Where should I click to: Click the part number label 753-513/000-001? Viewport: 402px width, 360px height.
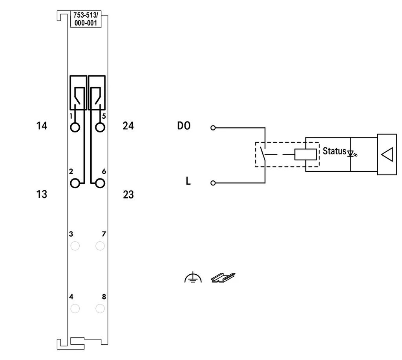click(86, 19)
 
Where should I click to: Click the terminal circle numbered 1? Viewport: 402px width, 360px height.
click(75, 127)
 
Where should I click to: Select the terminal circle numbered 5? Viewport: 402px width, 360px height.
click(100, 127)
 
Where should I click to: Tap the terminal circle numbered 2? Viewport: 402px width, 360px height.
click(75, 183)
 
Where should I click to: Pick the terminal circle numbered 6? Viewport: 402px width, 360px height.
click(100, 183)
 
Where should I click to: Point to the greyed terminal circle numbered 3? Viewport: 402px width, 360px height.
click(75, 246)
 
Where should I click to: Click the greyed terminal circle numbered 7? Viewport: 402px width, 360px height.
click(100, 246)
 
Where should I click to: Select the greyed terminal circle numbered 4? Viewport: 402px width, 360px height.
click(75, 309)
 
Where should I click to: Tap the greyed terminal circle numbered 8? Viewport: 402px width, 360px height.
click(100, 309)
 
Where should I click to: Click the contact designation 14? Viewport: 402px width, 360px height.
click(42, 126)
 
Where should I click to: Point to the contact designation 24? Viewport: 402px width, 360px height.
click(128, 126)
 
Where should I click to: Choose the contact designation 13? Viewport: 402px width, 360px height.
click(42, 194)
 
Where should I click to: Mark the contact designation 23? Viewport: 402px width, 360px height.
click(128, 195)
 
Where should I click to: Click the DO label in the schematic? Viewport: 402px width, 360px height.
click(184, 126)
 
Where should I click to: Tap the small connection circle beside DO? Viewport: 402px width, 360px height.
click(213, 127)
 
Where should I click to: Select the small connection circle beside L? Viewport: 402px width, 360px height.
click(213, 183)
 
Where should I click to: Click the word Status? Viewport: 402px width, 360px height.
click(334, 151)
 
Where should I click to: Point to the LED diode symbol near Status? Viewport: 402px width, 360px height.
click(351, 154)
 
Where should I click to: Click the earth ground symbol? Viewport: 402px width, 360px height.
click(193, 277)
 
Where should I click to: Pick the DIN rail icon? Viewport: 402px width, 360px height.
click(223, 277)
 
